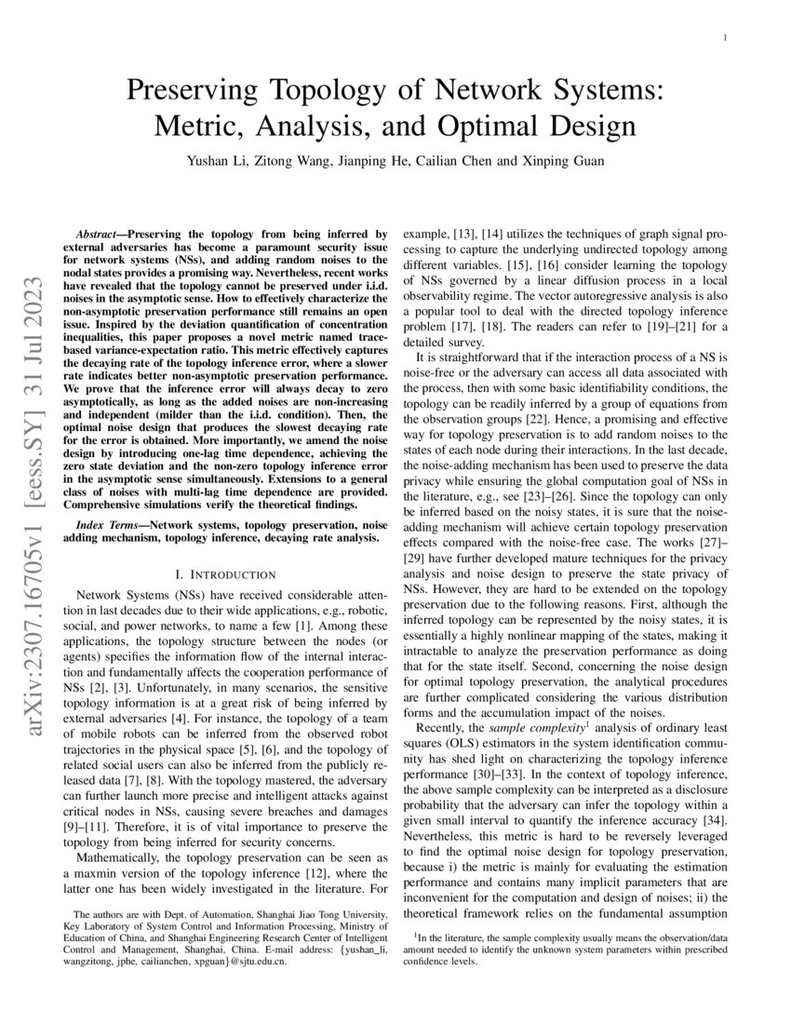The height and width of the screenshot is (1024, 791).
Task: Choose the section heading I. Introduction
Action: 227,573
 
